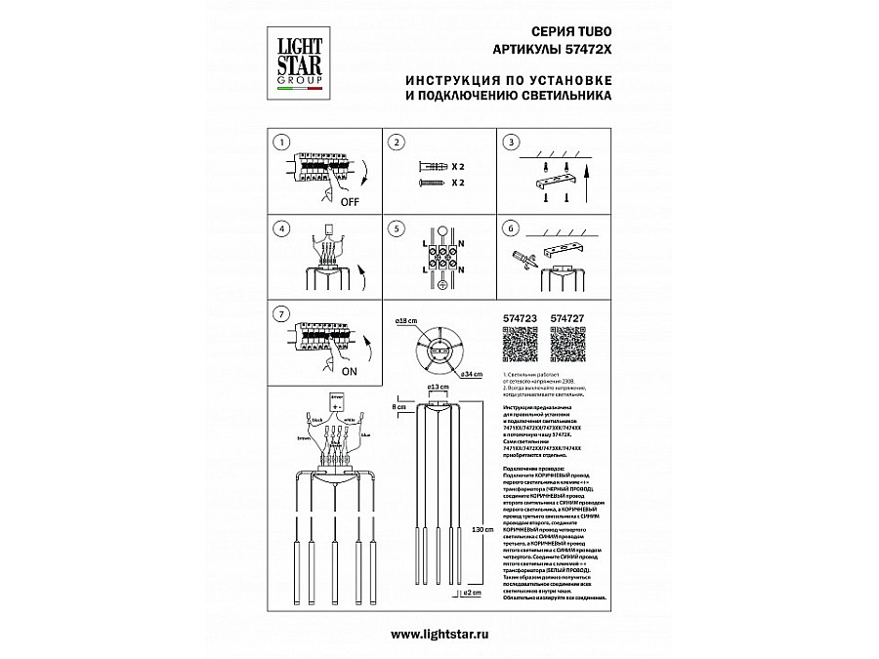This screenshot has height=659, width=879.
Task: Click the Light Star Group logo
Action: click(x=296, y=59)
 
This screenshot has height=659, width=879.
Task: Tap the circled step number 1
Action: click(x=281, y=143)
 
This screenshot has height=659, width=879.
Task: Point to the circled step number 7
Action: click(x=281, y=313)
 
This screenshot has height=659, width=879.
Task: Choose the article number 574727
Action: click(x=567, y=317)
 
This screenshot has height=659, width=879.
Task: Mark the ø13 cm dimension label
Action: click(x=438, y=388)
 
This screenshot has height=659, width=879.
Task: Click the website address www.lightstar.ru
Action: click(x=439, y=634)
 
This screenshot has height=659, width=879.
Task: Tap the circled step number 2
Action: click(x=396, y=143)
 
